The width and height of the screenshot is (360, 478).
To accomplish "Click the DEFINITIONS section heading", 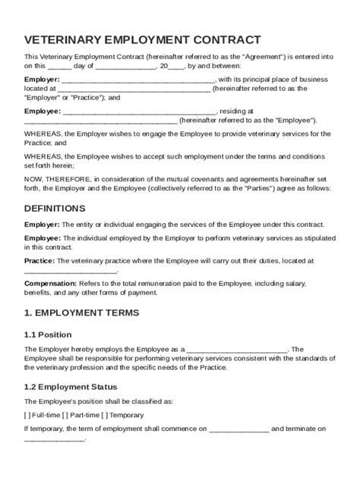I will [x=55, y=208].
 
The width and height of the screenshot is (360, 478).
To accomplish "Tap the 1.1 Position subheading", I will [x=48, y=334].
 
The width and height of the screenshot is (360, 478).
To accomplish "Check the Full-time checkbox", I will [x=27, y=415].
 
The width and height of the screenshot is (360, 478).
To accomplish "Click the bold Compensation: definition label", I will [x=53, y=282].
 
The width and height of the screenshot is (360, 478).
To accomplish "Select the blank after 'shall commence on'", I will [x=238, y=429].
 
